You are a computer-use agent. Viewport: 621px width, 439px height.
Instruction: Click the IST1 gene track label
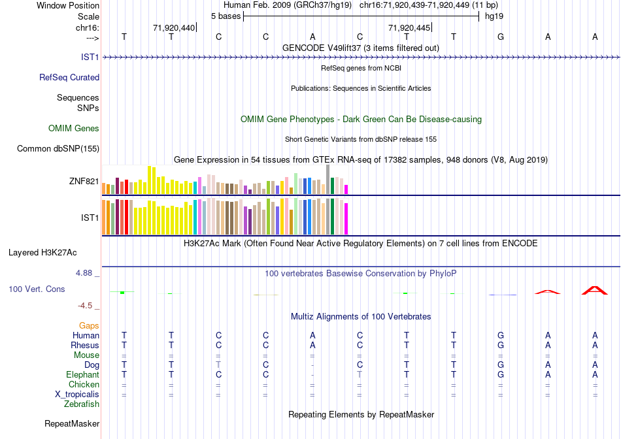point(90,57)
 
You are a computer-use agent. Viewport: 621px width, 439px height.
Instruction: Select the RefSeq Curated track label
point(69,78)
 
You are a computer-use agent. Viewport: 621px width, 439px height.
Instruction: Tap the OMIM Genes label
point(74,129)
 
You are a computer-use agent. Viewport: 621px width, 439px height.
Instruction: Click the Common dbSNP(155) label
point(58,149)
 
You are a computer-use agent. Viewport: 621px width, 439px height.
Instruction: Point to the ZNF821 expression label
point(83,182)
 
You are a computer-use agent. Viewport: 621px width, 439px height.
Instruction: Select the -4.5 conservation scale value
point(89,306)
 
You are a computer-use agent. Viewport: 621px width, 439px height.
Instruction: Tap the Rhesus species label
point(85,346)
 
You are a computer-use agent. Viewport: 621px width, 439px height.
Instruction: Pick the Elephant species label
point(82,375)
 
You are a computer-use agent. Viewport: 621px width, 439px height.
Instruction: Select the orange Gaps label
point(89,325)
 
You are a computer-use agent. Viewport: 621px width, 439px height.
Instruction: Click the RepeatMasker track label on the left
point(72,424)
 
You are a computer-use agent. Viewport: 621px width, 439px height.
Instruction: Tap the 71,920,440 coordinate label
point(174,28)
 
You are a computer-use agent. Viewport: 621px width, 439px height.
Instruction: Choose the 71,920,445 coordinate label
point(409,28)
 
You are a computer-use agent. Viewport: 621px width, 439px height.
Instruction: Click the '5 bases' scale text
point(226,15)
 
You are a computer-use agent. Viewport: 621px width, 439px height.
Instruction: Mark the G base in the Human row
point(501,336)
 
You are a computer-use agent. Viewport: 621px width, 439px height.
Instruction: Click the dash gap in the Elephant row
point(312,375)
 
